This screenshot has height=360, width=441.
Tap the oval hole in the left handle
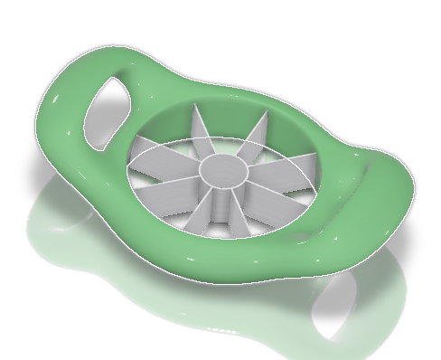pos(105,113)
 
